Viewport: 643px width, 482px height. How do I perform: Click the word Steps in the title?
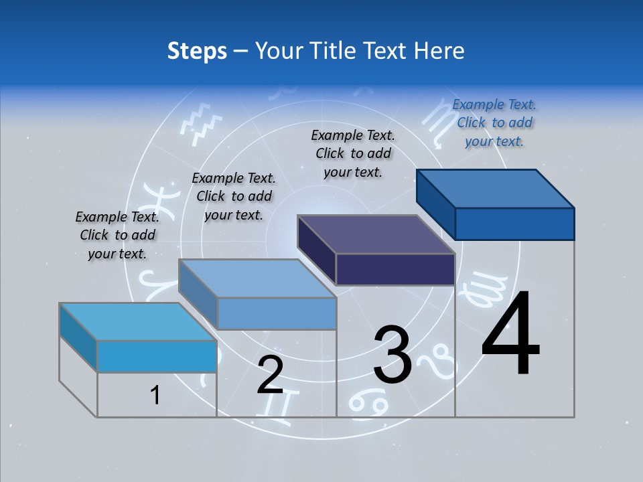pos(197,51)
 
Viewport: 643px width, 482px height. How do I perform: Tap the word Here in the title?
pos(439,51)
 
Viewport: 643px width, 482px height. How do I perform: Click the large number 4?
pos(510,334)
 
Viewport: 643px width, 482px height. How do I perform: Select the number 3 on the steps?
pos(392,355)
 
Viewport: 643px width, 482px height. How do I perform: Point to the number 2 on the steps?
pos(270,375)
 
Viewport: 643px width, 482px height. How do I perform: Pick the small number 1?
pos(155,396)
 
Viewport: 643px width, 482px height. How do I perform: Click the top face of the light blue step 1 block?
pos(137,322)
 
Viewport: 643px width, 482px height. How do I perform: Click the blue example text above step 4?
pos(494,123)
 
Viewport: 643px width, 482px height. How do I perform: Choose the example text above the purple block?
pos(353,153)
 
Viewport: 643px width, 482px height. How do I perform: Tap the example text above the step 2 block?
pos(234,196)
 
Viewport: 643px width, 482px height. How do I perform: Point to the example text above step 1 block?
pos(117,235)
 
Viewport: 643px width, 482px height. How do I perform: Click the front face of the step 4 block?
pos(514,224)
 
